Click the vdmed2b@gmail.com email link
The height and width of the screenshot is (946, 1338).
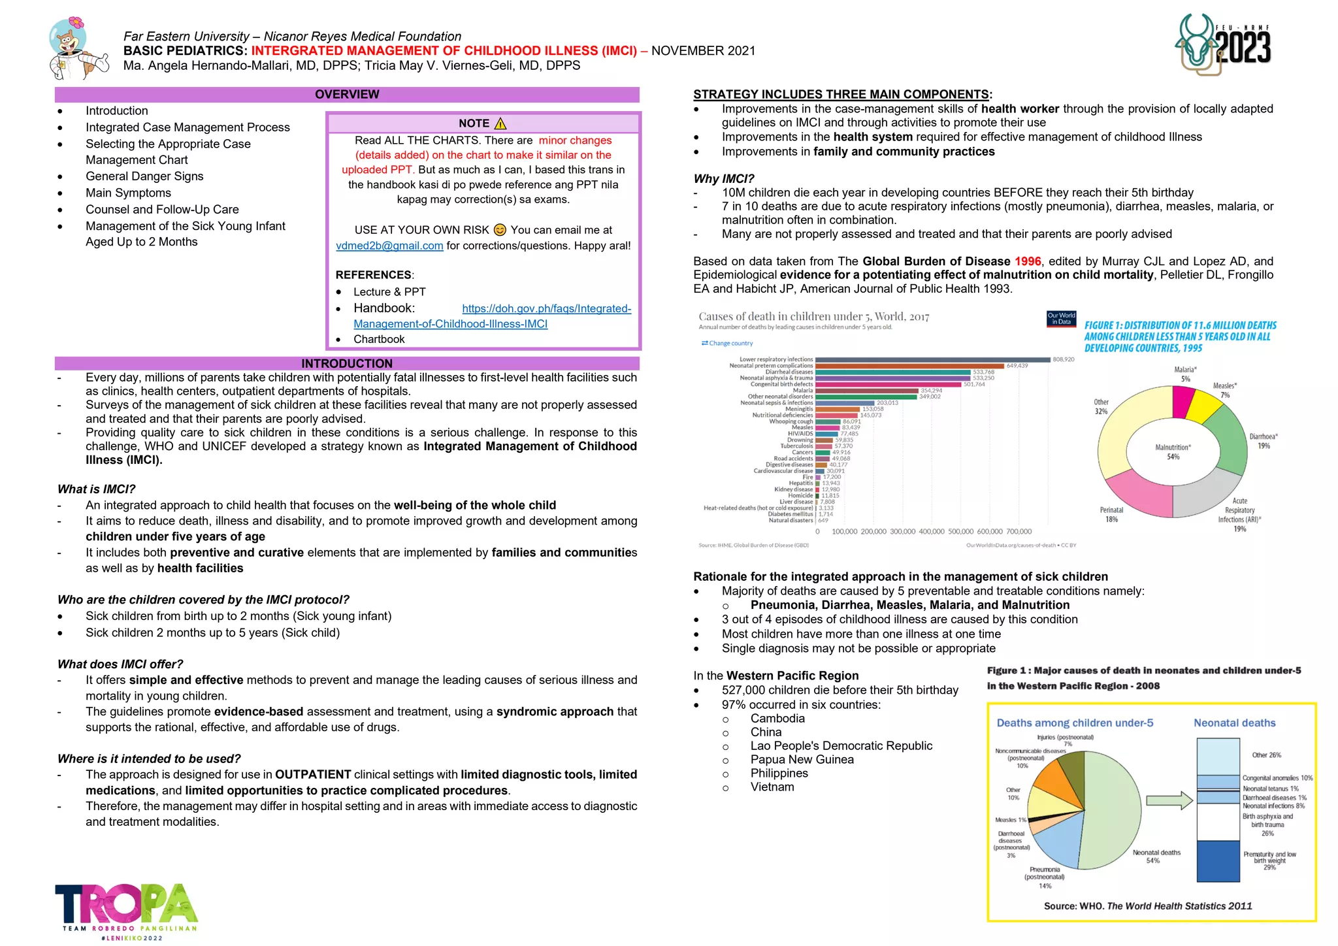click(x=389, y=246)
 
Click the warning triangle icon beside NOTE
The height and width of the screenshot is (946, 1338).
click(x=501, y=123)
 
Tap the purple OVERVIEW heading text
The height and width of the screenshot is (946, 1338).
click(x=347, y=95)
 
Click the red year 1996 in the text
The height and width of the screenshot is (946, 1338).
click(x=1028, y=261)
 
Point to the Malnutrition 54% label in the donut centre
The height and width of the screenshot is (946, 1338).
click(x=1173, y=452)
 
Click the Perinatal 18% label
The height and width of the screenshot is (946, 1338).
click(x=1111, y=515)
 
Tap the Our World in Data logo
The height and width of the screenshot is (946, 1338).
click(x=1061, y=318)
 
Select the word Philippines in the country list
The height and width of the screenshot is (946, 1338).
click(x=779, y=774)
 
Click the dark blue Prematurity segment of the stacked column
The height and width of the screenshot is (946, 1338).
click(x=1218, y=861)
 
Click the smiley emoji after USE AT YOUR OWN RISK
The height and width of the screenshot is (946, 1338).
click(x=500, y=230)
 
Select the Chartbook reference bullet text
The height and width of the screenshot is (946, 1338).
click(x=379, y=340)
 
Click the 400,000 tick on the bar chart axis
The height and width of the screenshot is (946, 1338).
click(x=932, y=532)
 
